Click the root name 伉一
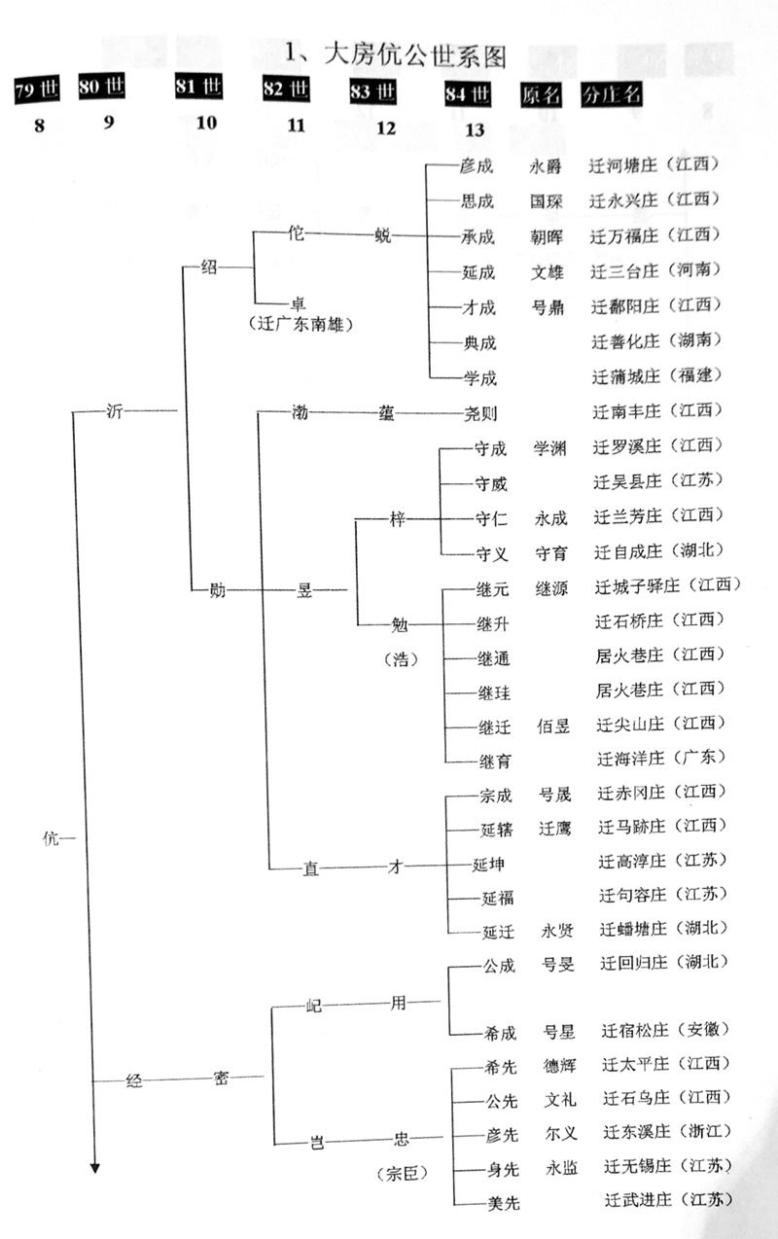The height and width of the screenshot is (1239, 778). point(58,836)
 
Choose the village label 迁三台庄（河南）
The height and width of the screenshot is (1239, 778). point(656,270)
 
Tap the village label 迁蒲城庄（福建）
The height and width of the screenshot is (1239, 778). point(656,375)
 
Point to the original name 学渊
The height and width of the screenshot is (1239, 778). point(550,447)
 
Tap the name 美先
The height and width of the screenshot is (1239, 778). point(503,1202)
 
